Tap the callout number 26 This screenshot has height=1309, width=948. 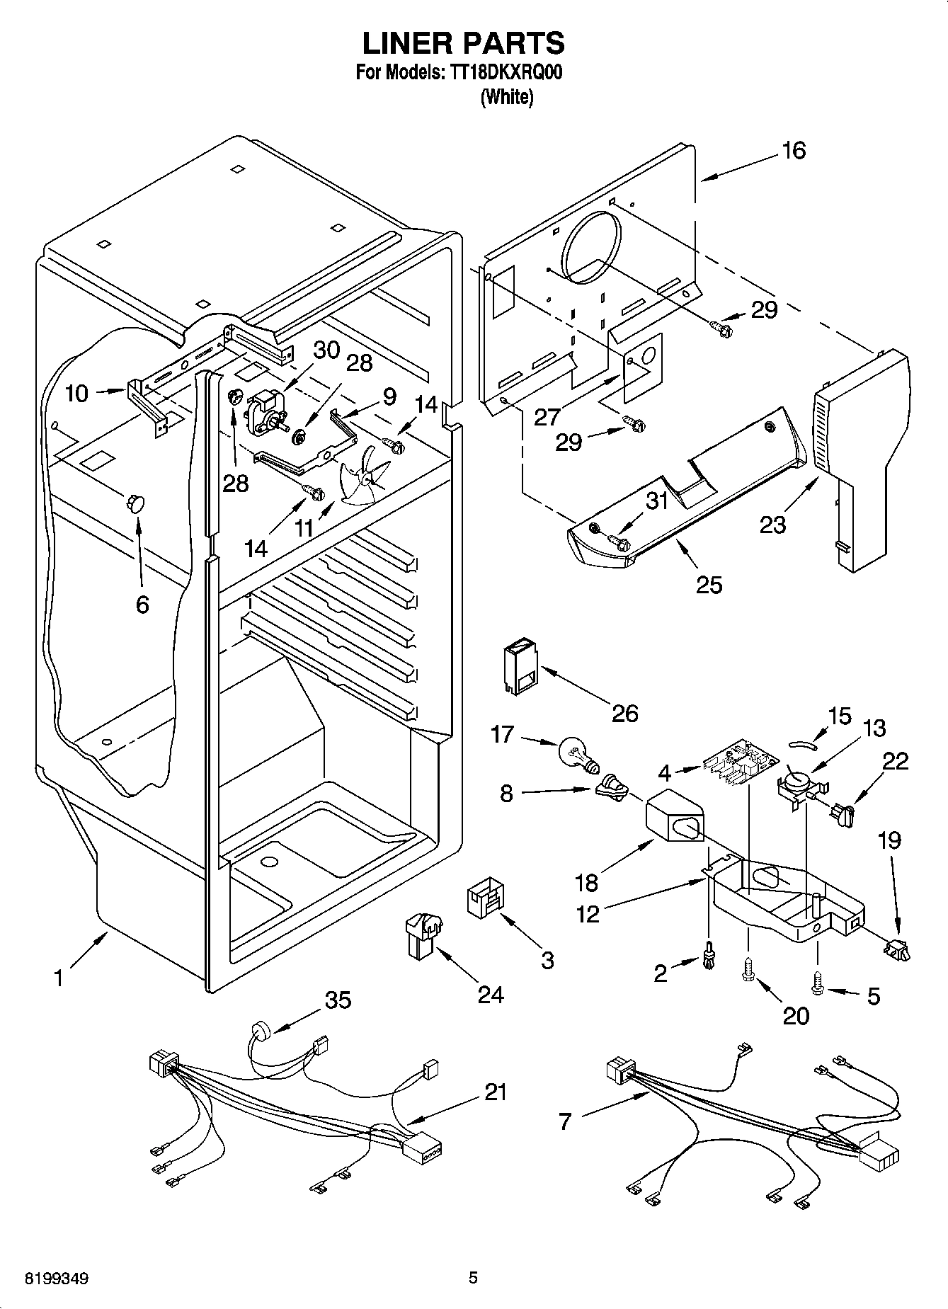point(625,713)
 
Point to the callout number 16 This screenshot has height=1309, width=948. point(794,151)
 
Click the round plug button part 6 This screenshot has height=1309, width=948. point(135,503)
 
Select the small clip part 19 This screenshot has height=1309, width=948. point(896,950)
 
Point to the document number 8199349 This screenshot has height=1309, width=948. point(57,1279)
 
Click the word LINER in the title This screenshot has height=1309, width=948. point(407,43)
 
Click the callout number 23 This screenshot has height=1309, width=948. point(773,525)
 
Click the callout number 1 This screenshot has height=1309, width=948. point(59,978)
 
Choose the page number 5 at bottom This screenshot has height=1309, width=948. point(473,1278)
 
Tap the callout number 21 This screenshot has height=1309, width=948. point(496,1092)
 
